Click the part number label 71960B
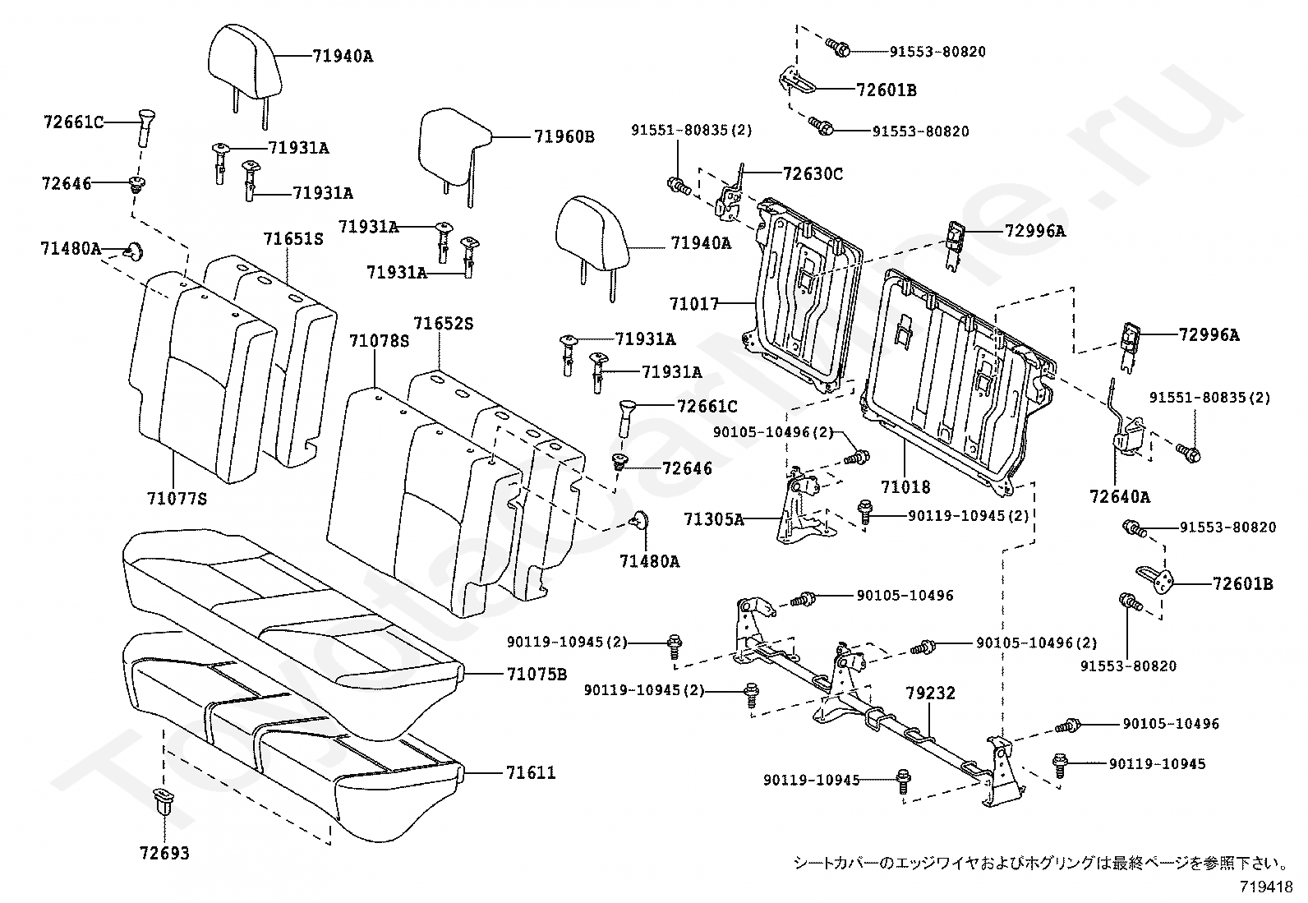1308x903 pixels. click(564, 137)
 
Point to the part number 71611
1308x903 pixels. click(531, 773)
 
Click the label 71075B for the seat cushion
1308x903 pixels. click(537, 675)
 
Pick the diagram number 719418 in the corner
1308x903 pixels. click(1266, 887)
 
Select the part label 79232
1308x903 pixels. click(931, 693)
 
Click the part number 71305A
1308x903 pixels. click(714, 519)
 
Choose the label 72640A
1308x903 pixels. click(1120, 496)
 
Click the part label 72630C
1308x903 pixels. click(813, 174)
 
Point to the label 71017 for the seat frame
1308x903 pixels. click(693, 305)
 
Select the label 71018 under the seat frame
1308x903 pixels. click(905, 487)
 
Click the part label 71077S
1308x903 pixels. click(177, 498)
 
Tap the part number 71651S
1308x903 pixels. click(292, 239)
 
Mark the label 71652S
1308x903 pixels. click(443, 325)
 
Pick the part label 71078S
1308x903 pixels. click(379, 341)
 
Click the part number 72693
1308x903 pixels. click(164, 854)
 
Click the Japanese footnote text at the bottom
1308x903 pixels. click(1039, 863)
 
